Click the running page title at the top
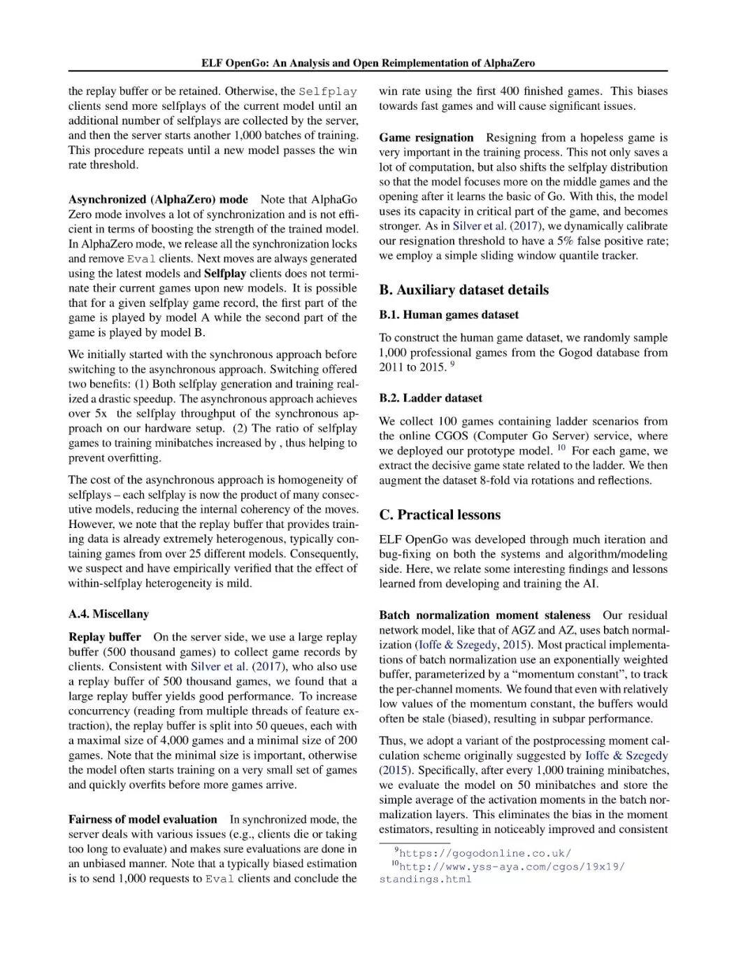[368, 63]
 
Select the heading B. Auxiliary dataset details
[463, 290]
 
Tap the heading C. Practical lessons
[440, 515]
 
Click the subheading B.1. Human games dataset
[449, 315]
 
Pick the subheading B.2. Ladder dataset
[431, 398]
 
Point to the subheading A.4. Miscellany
[108, 614]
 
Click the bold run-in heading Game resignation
[426, 138]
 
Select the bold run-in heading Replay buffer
[105, 637]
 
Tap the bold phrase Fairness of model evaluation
[143, 820]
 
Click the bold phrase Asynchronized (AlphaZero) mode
[158, 199]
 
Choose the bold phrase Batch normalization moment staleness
[484, 615]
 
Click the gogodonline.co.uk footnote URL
[485, 853]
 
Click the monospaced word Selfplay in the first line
[328, 92]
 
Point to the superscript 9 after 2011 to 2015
[452, 364]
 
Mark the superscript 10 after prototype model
[561, 448]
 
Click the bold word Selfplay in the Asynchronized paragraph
[224, 273]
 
